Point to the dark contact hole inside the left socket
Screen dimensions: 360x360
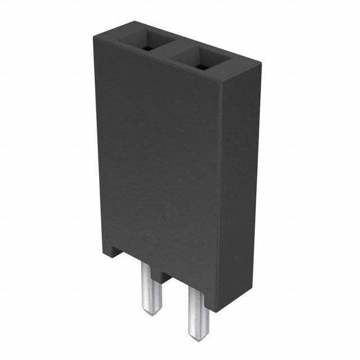146,47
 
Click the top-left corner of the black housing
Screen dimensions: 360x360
94,35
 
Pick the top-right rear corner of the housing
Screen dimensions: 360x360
260,64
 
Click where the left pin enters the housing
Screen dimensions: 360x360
150,268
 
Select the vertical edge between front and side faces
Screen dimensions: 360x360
219,197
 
